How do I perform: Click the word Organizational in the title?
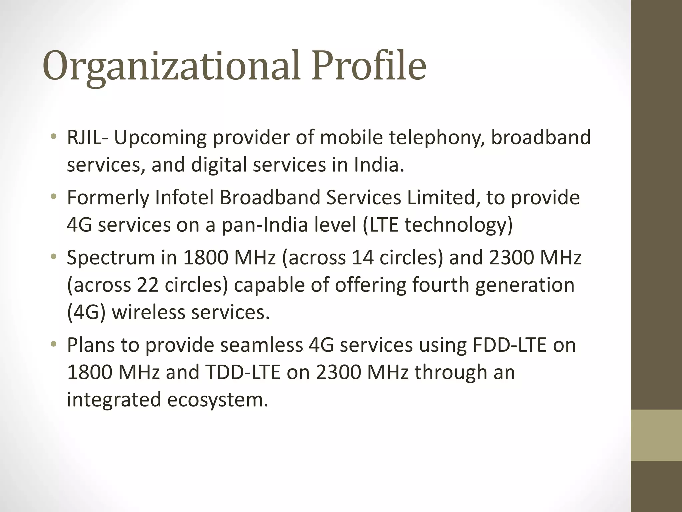tap(171, 66)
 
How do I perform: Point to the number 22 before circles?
tap(147, 285)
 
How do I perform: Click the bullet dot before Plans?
tap(53, 345)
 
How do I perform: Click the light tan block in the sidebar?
tap(656, 435)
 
